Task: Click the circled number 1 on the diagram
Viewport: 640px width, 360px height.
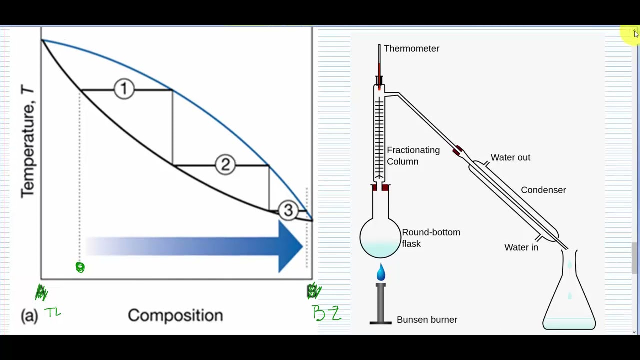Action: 124,89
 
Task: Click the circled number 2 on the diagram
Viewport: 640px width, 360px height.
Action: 225,164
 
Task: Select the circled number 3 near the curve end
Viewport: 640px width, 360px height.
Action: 288,211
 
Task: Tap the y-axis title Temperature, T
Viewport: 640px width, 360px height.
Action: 27,141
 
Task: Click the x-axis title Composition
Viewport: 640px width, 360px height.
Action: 175,315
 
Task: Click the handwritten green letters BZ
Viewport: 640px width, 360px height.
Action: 327,313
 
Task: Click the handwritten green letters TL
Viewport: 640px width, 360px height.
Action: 53,313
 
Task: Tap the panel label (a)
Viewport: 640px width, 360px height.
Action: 29,316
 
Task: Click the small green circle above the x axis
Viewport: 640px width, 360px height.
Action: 80,267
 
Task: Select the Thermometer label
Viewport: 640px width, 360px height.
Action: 411,49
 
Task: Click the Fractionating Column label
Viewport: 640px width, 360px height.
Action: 413,156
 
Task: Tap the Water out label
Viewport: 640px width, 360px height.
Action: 510,158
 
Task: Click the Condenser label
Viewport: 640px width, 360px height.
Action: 543,190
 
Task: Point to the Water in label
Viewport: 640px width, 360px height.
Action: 521,247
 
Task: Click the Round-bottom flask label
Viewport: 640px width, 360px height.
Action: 430,238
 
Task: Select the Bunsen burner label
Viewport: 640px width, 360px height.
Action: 427,320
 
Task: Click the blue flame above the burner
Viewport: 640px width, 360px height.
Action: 381,272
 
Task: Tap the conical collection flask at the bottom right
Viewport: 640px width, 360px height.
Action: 569,300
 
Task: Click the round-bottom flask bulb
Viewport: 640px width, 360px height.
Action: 380,238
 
